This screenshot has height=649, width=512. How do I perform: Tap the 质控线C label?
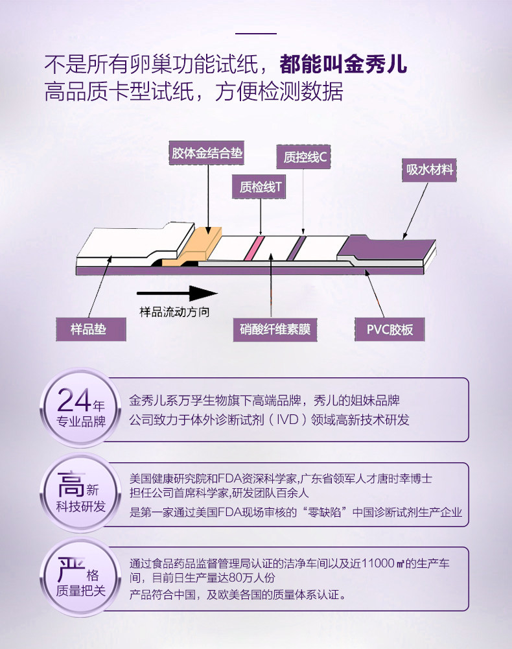304,156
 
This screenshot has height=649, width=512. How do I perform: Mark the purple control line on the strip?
297,246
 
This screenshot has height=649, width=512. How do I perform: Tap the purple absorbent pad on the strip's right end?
388,247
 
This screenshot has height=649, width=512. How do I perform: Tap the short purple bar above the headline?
255,33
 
